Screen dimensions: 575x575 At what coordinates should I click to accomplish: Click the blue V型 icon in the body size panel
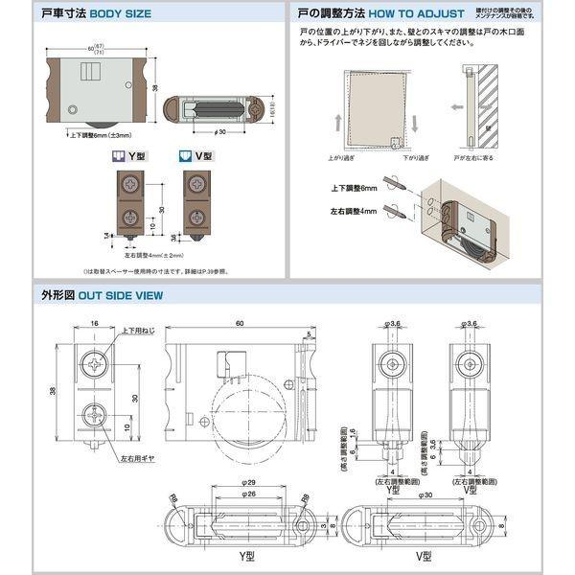[186, 156]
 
